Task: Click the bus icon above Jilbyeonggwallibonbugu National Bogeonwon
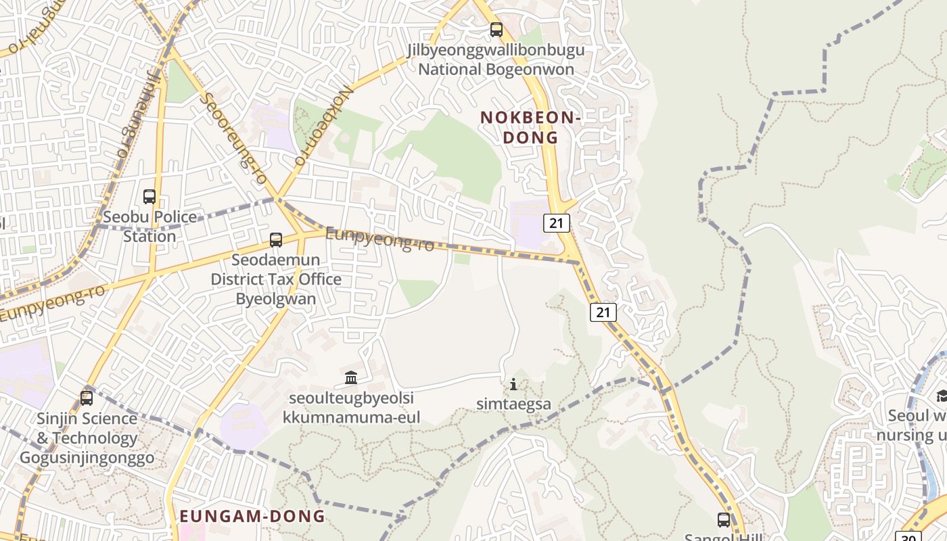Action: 496,30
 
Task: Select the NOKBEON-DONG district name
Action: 530,127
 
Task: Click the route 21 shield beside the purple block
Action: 556,222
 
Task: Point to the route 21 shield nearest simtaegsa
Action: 603,312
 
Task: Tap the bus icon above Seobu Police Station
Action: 149,197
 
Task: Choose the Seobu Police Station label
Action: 149,227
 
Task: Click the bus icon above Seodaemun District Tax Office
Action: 276,239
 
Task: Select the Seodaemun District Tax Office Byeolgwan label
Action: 276,279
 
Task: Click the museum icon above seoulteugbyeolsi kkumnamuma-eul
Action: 351,377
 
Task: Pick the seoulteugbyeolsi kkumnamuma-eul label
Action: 351,407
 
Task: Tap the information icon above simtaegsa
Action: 513,385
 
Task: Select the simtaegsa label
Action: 513,404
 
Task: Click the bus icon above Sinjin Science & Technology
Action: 87,398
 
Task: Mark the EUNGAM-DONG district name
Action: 252,517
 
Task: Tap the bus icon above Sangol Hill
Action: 724,520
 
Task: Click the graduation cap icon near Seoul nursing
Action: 941,396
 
